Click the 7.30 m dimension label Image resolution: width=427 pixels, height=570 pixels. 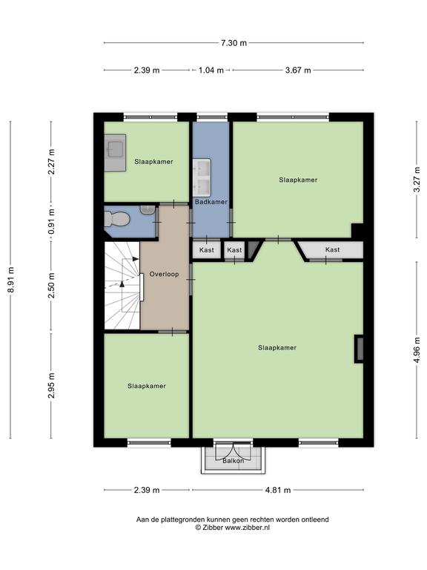(x=234, y=43)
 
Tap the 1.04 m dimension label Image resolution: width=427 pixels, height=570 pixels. (x=211, y=71)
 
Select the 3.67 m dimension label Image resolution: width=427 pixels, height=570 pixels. (x=298, y=71)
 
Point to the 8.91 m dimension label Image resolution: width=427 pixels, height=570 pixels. (x=11, y=280)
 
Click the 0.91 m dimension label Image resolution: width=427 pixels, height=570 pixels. (x=52, y=221)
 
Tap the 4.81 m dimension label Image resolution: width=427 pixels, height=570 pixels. (x=278, y=490)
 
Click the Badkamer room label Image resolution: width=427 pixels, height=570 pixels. (x=211, y=202)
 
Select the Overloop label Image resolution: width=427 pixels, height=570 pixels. (x=164, y=274)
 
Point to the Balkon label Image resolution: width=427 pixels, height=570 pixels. (x=233, y=461)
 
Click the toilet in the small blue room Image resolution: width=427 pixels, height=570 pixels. (x=117, y=219)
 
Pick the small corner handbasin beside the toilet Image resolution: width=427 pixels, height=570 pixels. (x=148, y=210)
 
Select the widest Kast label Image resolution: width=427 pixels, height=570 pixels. (x=333, y=249)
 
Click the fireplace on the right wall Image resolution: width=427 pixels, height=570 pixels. (x=359, y=349)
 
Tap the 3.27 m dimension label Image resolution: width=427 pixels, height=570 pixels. (x=417, y=180)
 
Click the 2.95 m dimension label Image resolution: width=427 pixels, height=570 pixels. (x=52, y=385)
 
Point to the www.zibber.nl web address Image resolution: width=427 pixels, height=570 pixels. (x=248, y=528)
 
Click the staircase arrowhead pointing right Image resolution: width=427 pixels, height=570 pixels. (x=136, y=259)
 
